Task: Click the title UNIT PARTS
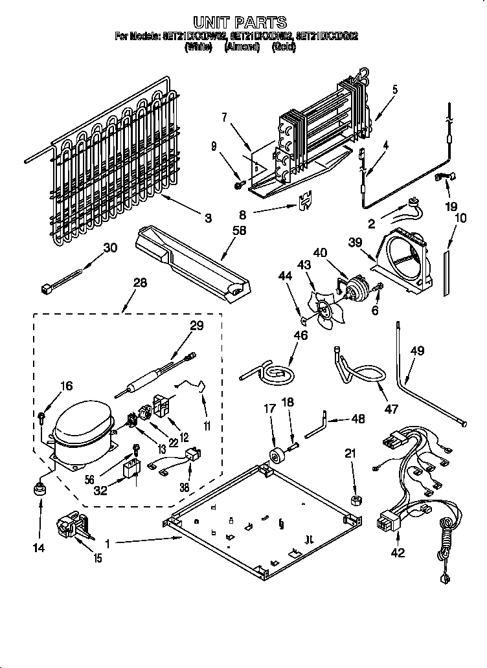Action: click(240, 24)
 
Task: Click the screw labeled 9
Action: click(238, 186)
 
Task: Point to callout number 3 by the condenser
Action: click(207, 218)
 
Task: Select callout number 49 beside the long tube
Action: click(416, 351)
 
